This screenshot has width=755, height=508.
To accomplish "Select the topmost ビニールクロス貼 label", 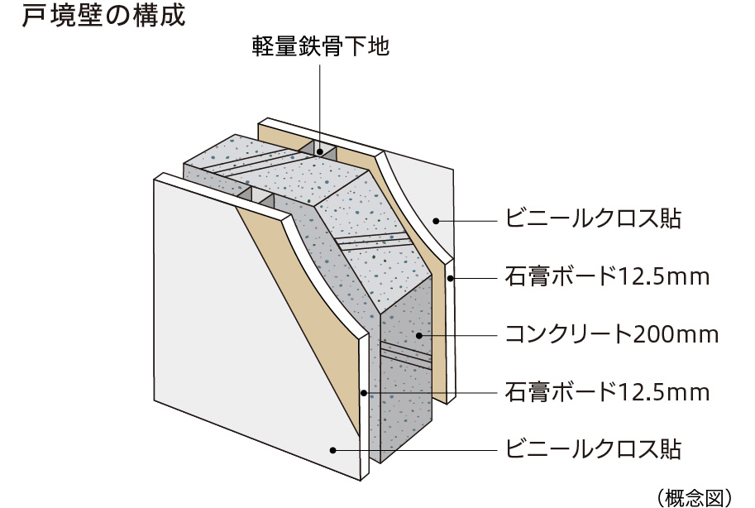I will click(x=593, y=219).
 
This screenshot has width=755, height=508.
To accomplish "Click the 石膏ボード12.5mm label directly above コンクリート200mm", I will click(x=607, y=276).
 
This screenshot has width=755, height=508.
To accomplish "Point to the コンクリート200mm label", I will click(x=612, y=334).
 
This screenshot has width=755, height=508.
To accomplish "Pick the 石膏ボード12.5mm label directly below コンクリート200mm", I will click(x=607, y=391).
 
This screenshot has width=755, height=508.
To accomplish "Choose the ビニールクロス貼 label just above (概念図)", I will click(x=593, y=449).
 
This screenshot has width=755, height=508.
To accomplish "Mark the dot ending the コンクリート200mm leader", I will click(x=419, y=335).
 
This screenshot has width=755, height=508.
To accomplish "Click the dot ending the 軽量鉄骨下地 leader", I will click(x=320, y=152).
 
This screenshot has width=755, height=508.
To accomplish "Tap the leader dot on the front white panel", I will click(x=332, y=450).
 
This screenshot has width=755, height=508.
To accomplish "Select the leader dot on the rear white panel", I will click(x=435, y=220).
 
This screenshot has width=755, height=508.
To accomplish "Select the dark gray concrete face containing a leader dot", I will click(x=405, y=372).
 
